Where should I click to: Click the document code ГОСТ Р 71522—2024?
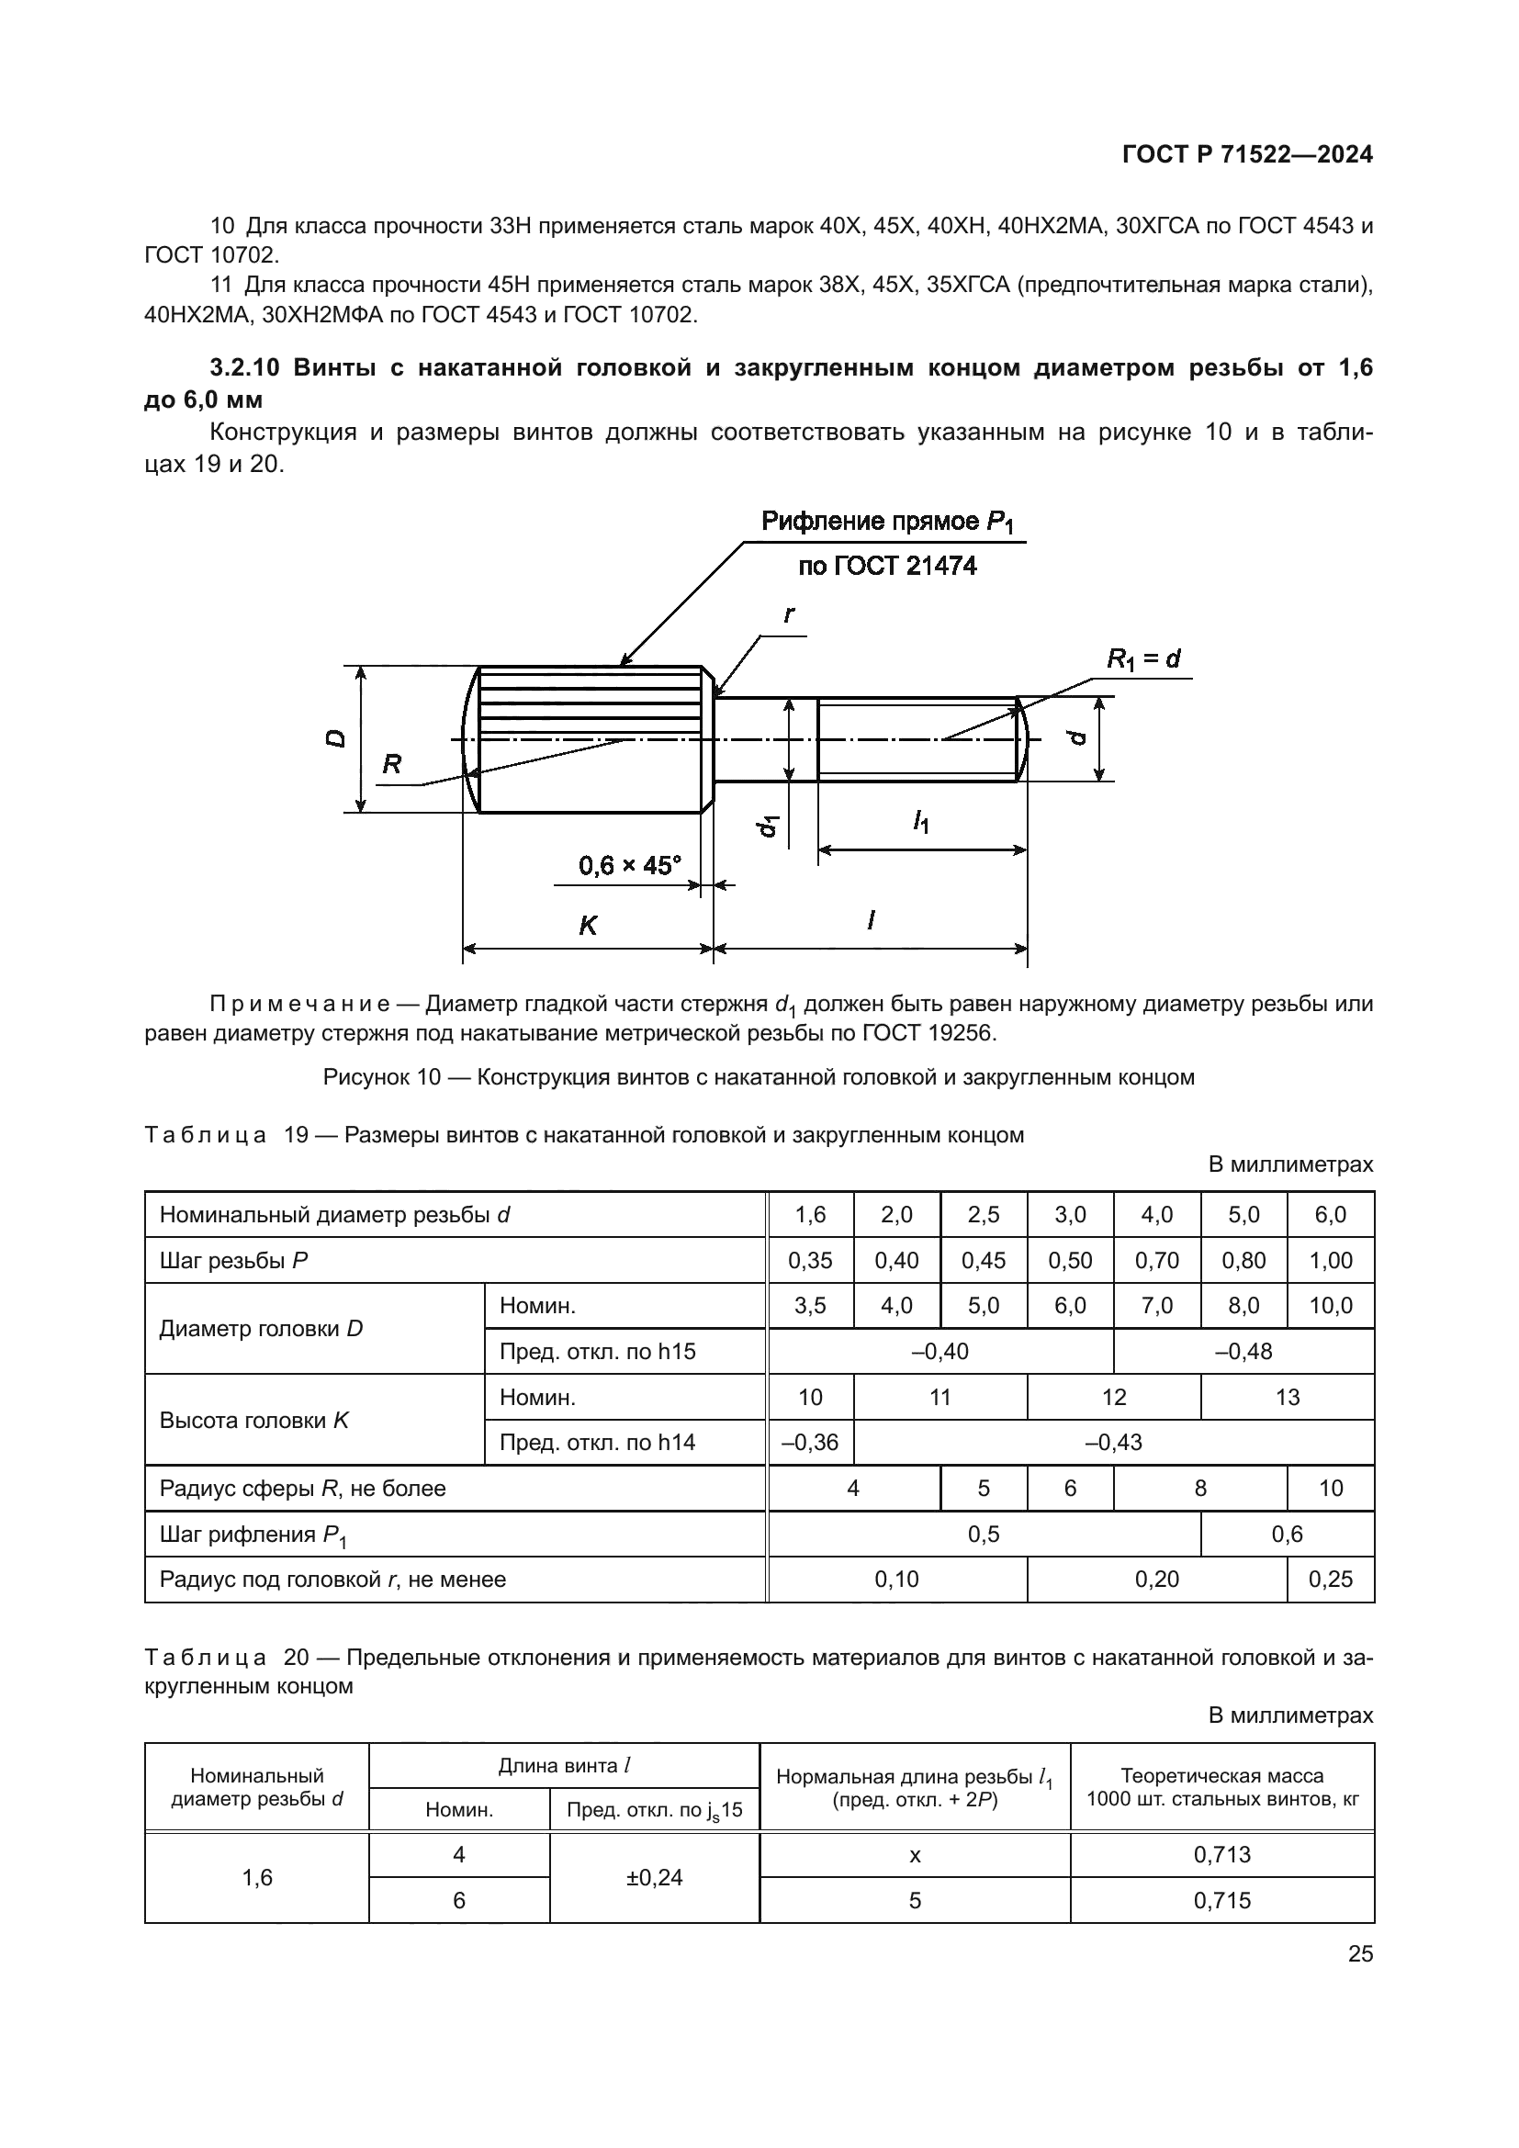[x=1247, y=155]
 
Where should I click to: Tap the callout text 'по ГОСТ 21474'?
[x=887, y=566]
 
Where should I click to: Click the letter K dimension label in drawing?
[x=588, y=926]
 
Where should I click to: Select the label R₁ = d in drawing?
[x=1143, y=658]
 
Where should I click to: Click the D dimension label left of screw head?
[x=335, y=739]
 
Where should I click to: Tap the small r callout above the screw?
[x=789, y=614]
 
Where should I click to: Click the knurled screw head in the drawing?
[x=590, y=739]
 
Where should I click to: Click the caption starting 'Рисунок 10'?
[x=759, y=1077]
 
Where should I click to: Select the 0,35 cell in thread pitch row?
[x=810, y=1260]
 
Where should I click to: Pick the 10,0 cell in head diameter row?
[x=1330, y=1305]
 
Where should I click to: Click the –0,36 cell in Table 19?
[x=810, y=1442]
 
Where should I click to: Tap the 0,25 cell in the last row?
[x=1330, y=1580]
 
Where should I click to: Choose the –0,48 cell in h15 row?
[x=1243, y=1351]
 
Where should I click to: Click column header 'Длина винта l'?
[x=564, y=1765]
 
